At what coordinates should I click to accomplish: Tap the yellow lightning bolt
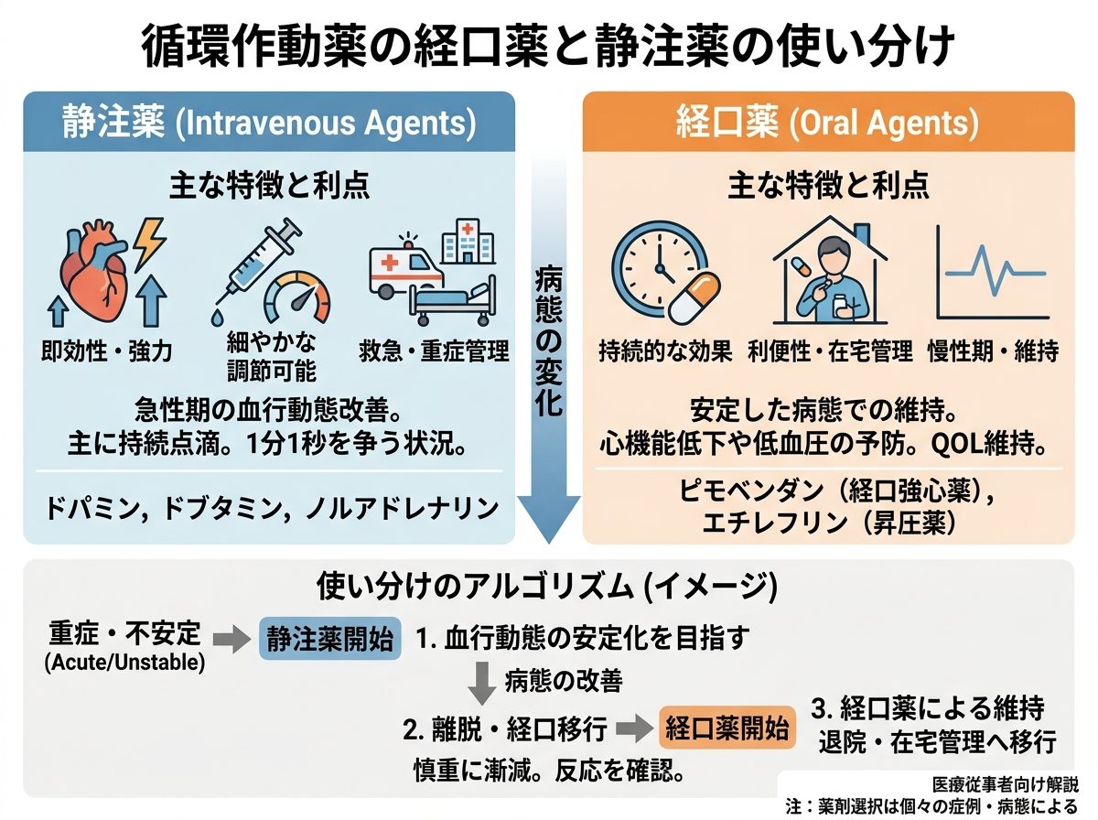pyautogui.click(x=149, y=243)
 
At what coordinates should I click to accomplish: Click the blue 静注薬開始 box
pyautogui.click(x=330, y=639)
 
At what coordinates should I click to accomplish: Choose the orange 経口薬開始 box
pyautogui.click(x=727, y=728)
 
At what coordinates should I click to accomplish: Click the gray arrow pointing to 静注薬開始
pyautogui.click(x=231, y=640)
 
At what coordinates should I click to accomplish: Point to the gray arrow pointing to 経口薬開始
pyautogui.click(x=634, y=728)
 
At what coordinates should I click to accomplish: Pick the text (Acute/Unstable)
pyautogui.click(x=125, y=663)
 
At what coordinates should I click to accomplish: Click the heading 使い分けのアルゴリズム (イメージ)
pyautogui.click(x=547, y=586)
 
